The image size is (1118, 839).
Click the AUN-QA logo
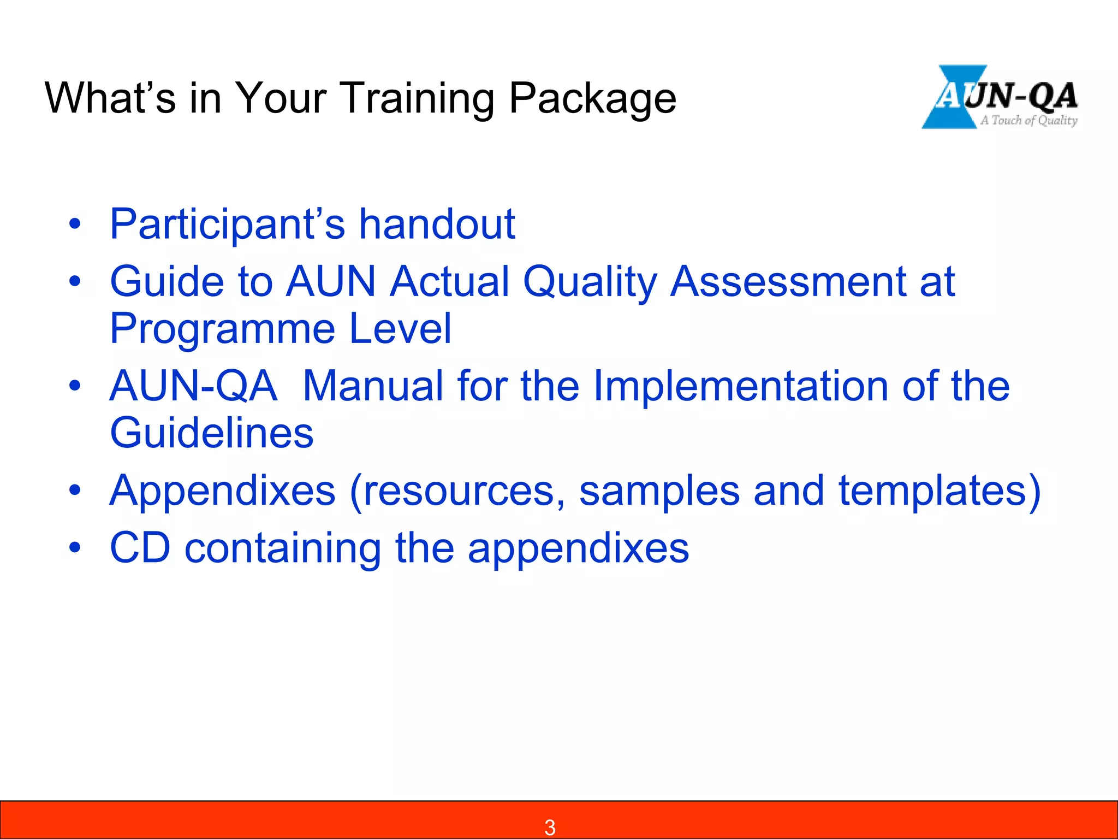tap(1000, 97)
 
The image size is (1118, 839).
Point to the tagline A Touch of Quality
tap(1028, 120)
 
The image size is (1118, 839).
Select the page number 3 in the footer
tap(550, 827)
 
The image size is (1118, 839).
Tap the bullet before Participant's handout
tap(75, 224)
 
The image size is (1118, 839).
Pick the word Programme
tap(223, 329)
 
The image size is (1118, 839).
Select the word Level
tap(400, 329)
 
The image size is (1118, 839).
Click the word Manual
tap(373, 386)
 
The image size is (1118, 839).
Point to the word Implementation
tap(740, 386)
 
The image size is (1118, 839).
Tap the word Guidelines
tap(212, 433)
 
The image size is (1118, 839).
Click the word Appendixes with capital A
tap(222, 491)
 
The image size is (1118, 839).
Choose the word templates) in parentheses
tap(939, 491)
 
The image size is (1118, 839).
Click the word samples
tap(659, 491)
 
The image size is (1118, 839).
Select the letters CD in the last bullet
tap(140, 548)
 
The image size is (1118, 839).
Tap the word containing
tap(283, 548)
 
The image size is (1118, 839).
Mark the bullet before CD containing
tap(75, 547)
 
